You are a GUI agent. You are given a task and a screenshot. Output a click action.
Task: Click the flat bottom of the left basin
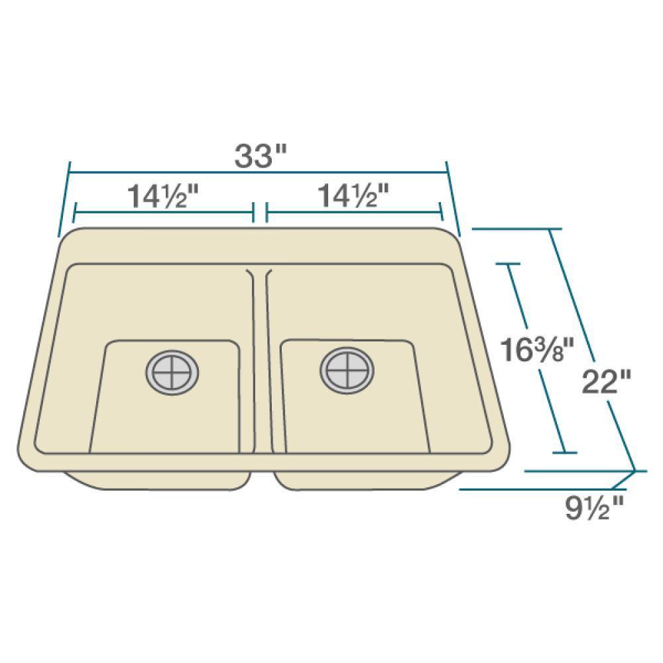tap(166, 418)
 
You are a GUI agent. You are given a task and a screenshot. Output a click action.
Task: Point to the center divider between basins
tap(261, 358)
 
